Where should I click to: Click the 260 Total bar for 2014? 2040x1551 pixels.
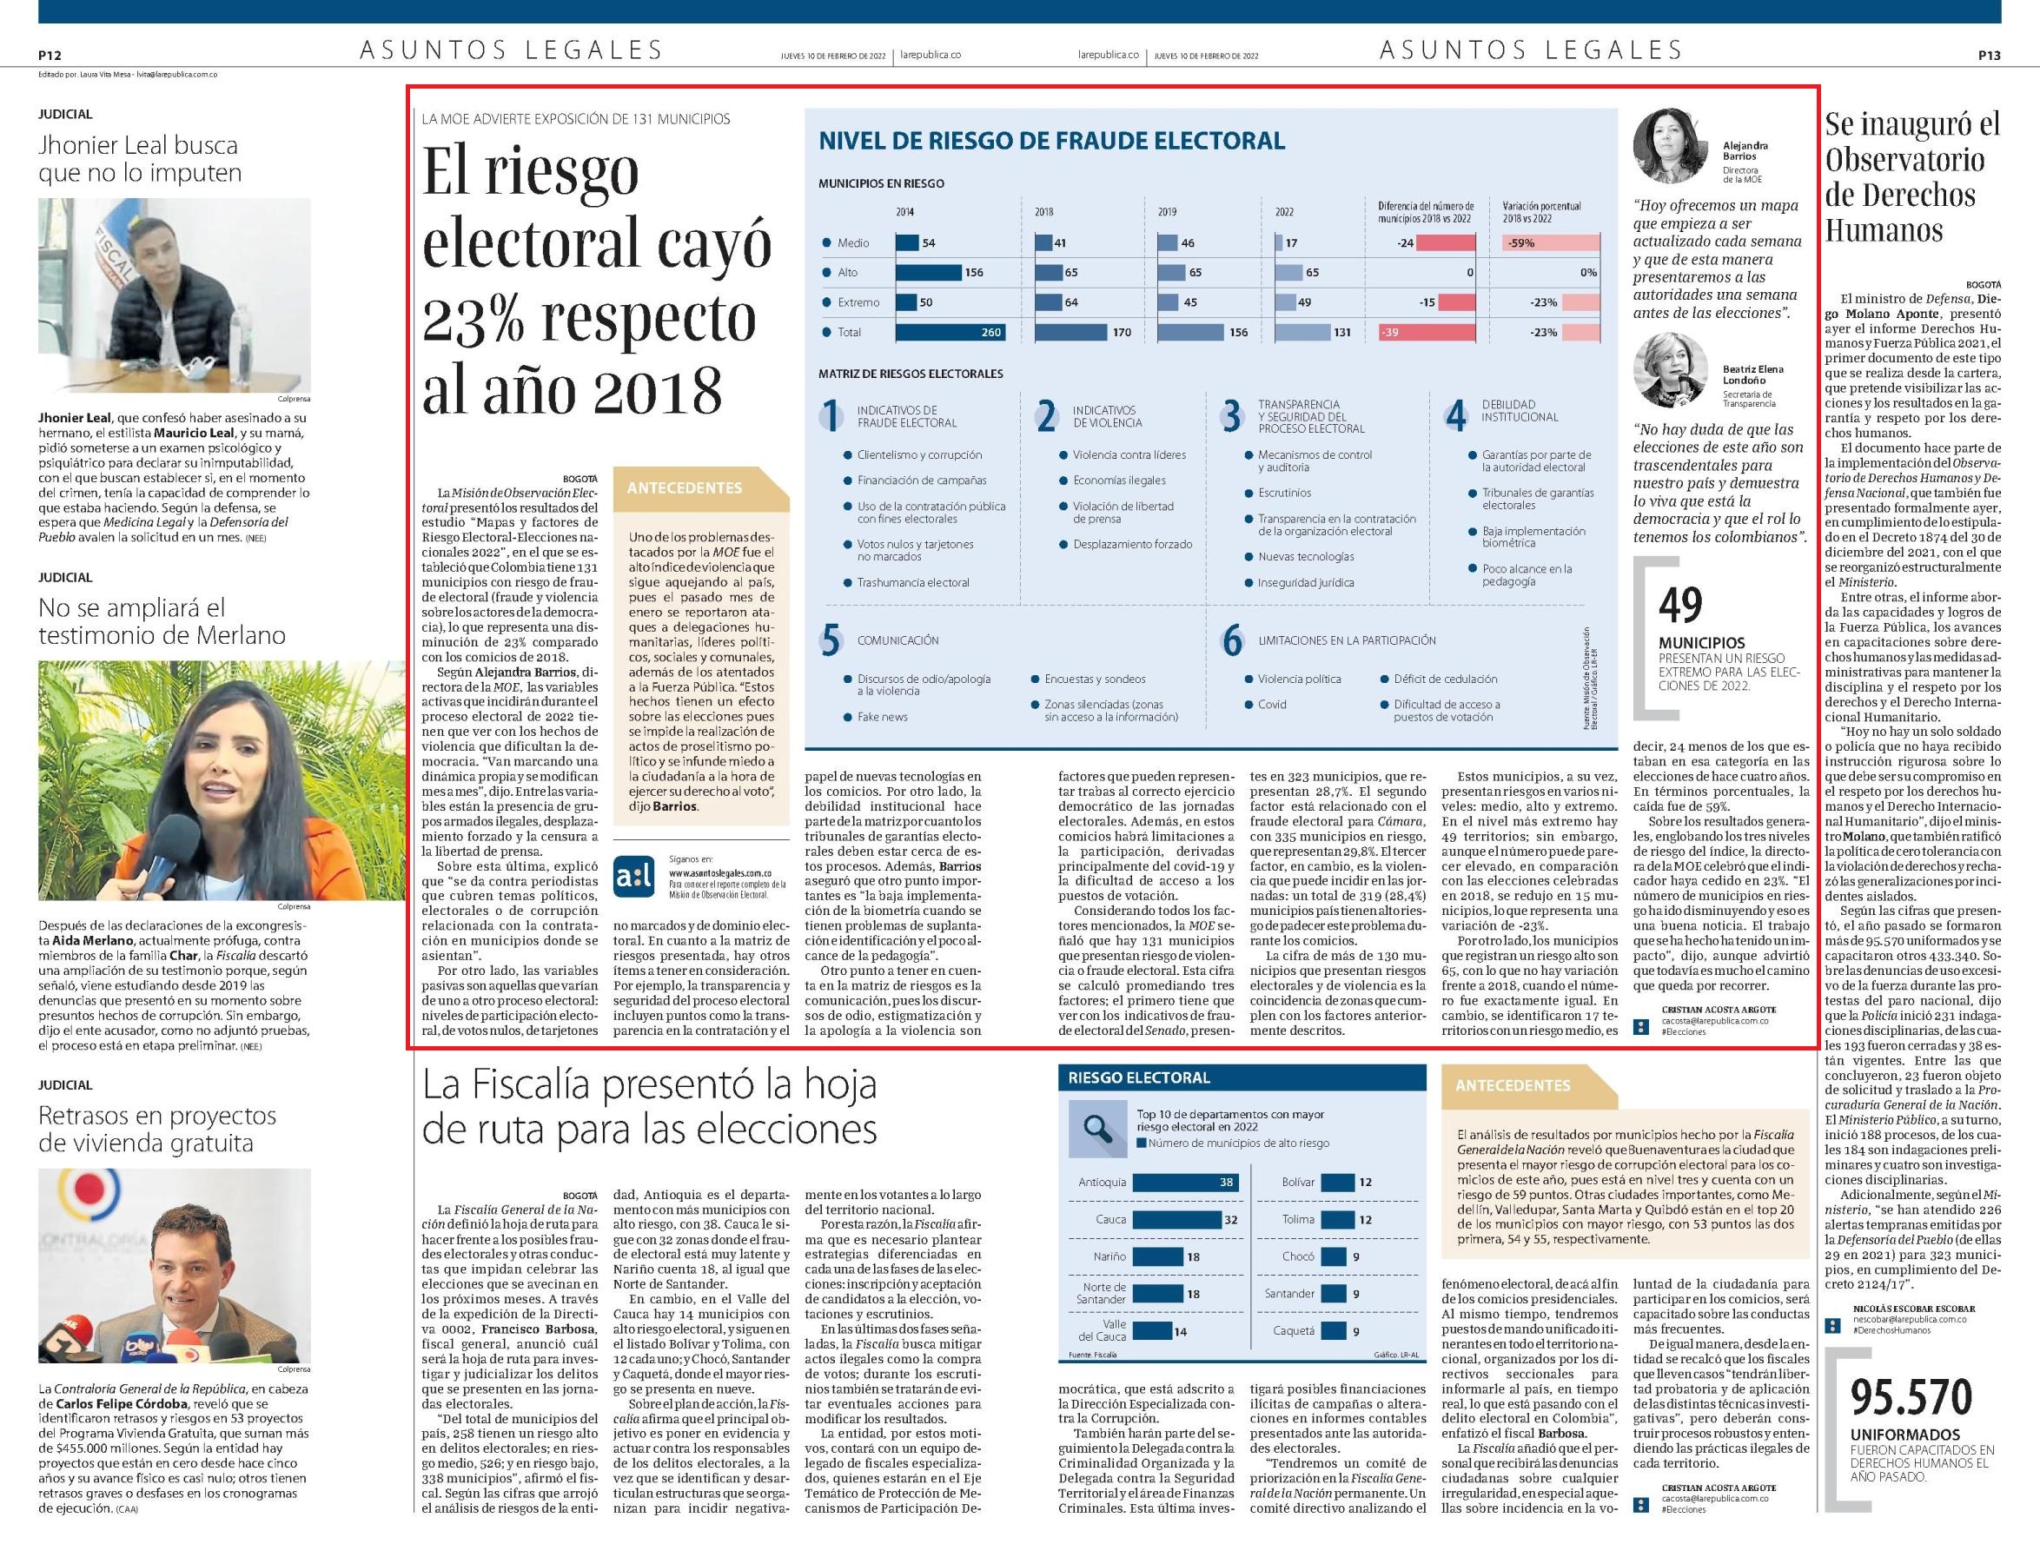click(x=950, y=332)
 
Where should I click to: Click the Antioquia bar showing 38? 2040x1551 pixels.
click(x=1184, y=1183)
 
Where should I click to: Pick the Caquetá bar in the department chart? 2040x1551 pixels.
click(x=1335, y=1331)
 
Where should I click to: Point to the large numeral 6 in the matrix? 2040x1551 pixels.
click(x=1232, y=640)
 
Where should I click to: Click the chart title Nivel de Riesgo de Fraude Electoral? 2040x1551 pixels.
click(x=1051, y=142)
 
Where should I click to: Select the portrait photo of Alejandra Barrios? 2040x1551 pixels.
click(x=1672, y=147)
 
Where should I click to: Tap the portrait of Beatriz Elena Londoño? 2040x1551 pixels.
click(x=1672, y=370)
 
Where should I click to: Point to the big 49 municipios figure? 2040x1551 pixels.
click(x=1680, y=606)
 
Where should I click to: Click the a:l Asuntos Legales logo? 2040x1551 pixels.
click(x=633, y=878)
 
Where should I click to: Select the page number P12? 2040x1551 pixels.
click(x=49, y=56)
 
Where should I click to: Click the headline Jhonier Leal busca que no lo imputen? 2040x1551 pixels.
click(x=139, y=159)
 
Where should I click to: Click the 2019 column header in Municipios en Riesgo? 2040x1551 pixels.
click(x=1167, y=211)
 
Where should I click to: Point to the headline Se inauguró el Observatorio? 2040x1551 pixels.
click(x=1912, y=176)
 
